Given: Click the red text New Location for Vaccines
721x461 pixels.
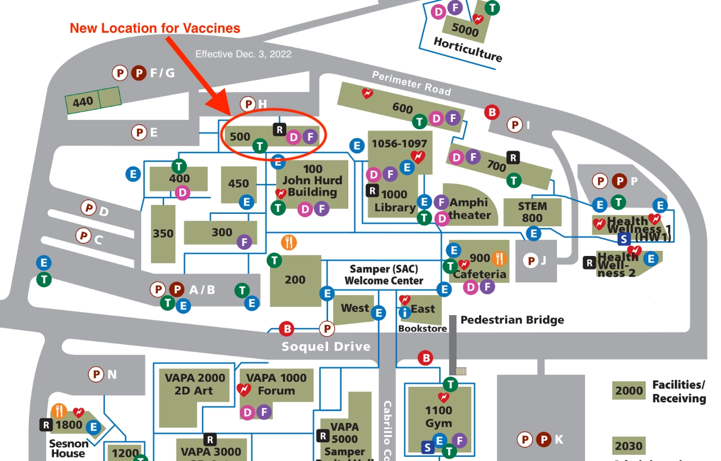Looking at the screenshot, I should (x=155, y=29).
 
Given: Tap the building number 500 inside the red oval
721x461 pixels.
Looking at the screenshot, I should (x=240, y=137).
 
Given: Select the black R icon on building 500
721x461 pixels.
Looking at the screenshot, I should (x=279, y=130).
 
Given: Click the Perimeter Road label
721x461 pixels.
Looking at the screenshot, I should (x=411, y=84).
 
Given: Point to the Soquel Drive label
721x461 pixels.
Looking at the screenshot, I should (x=326, y=346).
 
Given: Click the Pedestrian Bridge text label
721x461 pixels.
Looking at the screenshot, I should (x=512, y=320).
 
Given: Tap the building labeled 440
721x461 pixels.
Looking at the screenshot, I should (x=83, y=102).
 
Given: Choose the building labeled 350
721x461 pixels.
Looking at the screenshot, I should (x=163, y=234).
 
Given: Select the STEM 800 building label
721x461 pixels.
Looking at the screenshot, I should (x=532, y=212).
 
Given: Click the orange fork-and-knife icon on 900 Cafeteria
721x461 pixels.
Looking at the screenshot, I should (x=499, y=258).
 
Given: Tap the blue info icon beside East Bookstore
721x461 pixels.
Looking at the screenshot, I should (x=404, y=313).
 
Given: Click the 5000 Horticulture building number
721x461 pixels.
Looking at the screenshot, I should (x=465, y=30).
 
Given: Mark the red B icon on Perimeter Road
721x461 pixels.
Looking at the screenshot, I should (x=492, y=112).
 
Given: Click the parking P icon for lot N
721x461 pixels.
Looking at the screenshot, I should (x=96, y=374).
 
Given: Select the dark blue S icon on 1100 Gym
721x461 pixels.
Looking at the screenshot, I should (x=427, y=448).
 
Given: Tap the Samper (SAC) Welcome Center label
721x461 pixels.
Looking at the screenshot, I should (x=384, y=275).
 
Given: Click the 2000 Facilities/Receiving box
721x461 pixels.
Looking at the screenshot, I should (x=629, y=390).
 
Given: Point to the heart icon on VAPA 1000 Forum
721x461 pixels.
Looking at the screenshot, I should (x=243, y=389).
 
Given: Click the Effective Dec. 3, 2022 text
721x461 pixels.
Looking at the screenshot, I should (x=243, y=54).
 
